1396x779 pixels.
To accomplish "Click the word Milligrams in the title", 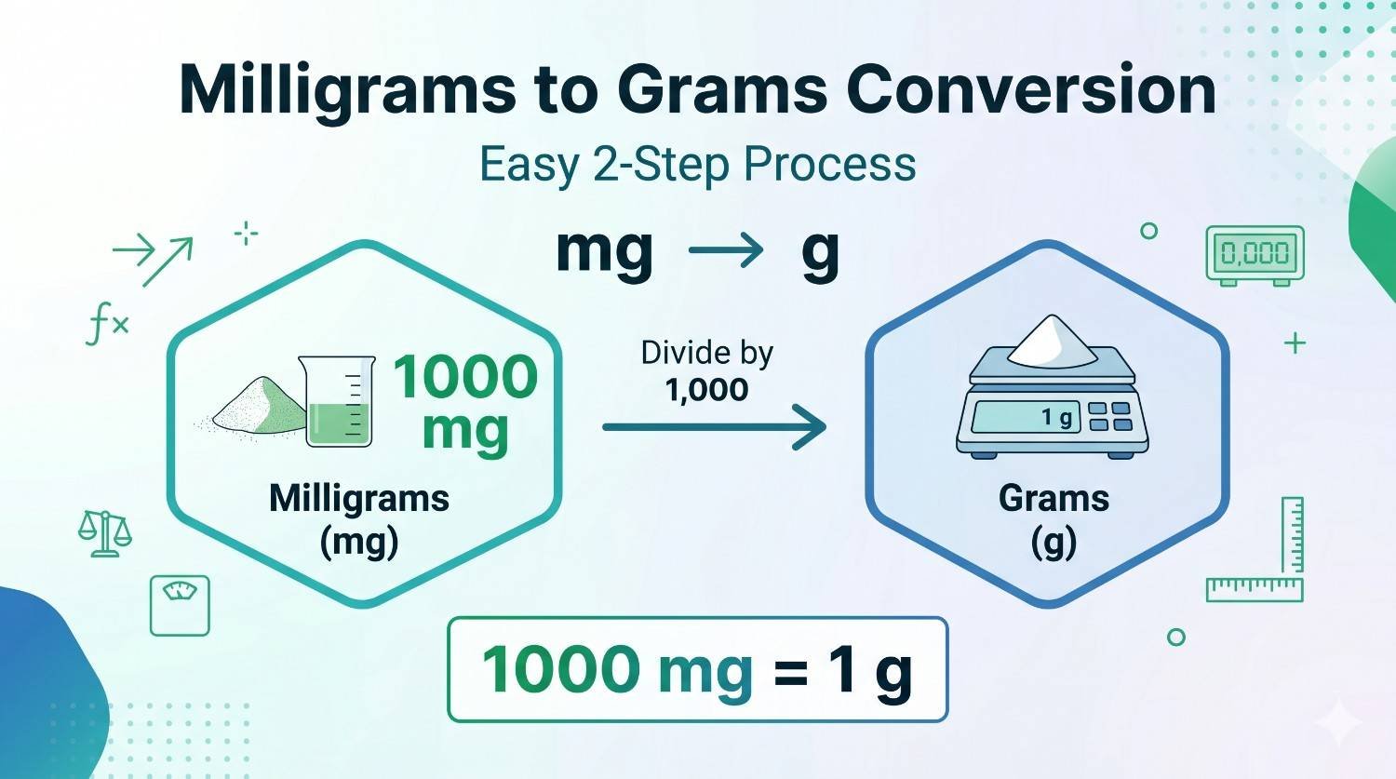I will click(346, 90).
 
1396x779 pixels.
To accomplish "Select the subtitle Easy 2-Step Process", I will click(697, 165).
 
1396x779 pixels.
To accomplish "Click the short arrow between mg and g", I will click(726, 250).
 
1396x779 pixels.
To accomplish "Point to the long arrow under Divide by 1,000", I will click(714, 427).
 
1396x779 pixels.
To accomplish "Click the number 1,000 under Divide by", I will click(706, 390).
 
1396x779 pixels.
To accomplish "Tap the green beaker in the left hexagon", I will click(337, 401).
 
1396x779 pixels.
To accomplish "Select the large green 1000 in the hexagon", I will click(465, 377).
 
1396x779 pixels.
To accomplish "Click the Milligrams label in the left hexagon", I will click(359, 499).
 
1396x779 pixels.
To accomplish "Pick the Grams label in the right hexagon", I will click(1054, 499).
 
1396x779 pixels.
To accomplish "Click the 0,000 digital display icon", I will click(1255, 253).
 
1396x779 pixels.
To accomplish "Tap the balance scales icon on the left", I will click(104, 533).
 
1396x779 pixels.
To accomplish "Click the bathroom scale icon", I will click(180, 605).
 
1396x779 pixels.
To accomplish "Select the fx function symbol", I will click(107, 326).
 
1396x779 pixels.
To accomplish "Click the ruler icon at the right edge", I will click(1266, 558).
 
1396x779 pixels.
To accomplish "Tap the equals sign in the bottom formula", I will click(790, 672).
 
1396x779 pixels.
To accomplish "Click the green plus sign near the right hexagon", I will click(1295, 343).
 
